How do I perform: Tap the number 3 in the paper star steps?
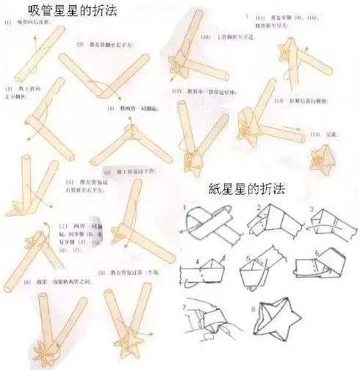pyautogui.click(x=312, y=209)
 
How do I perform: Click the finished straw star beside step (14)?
pyautogui.click(x=322, y=156)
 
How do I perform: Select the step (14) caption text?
pyautogui.click(x=324, y=134)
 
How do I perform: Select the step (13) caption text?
pyautogui.click(x=300, y=100)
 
